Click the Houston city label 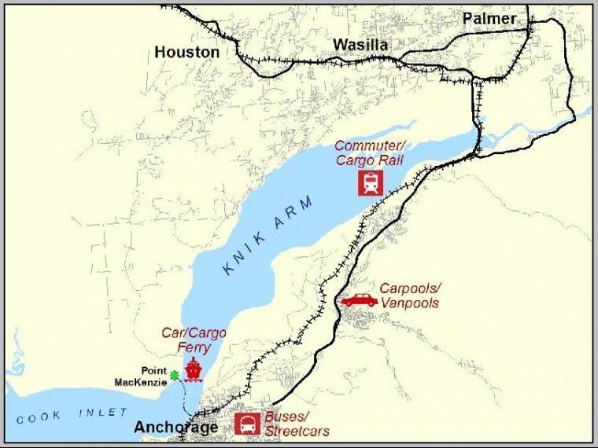coord(186,52)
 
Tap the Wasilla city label coord(360,45)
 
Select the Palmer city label coord(489,18)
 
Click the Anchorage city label coord(175,428)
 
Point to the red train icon coord(371,183)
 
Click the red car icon coord(359,299)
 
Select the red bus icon coord(248,424)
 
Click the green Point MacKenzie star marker coord(175,376)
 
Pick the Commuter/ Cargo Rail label coord(365,153)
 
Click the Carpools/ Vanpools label coord(409,296)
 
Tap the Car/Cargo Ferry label coord(194,340)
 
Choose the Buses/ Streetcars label coord(296,425)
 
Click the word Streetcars coord(297,431)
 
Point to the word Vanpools coord(409,303)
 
